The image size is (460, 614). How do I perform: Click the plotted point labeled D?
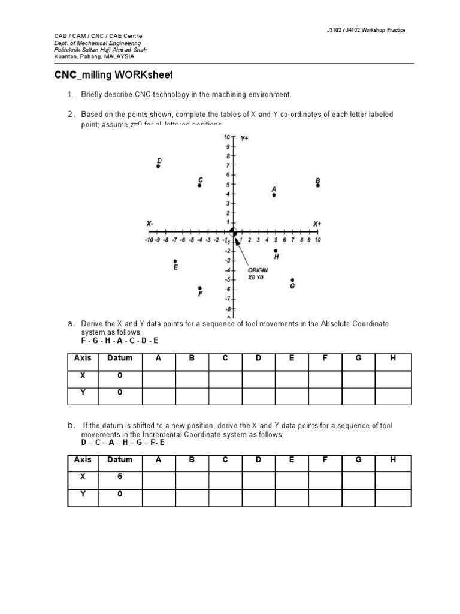[158, 167]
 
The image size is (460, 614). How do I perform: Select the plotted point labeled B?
[318, 185]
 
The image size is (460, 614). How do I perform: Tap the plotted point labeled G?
[292, 280]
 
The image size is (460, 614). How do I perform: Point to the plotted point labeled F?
[200, 288]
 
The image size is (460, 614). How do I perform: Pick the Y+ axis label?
[245, 138]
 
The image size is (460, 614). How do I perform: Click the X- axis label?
[150, 224]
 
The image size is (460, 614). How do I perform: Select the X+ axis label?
[317, 224]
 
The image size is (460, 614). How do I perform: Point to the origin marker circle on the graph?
[234, 233]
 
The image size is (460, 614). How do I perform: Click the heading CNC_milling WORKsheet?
[114, 75]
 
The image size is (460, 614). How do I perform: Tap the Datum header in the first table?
[119, 358]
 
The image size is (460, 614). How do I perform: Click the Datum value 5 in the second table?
[119, 477]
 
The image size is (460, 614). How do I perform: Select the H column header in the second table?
[393, 460]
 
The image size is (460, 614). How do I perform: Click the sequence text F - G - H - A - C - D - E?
[120, 341]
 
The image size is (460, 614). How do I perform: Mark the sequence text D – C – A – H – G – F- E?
[123, 443]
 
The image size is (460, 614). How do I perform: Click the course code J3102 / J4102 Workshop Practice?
[362, 30]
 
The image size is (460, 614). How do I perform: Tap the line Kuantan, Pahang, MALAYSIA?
[95, 57]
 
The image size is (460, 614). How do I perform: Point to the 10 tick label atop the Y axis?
[227, 137]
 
